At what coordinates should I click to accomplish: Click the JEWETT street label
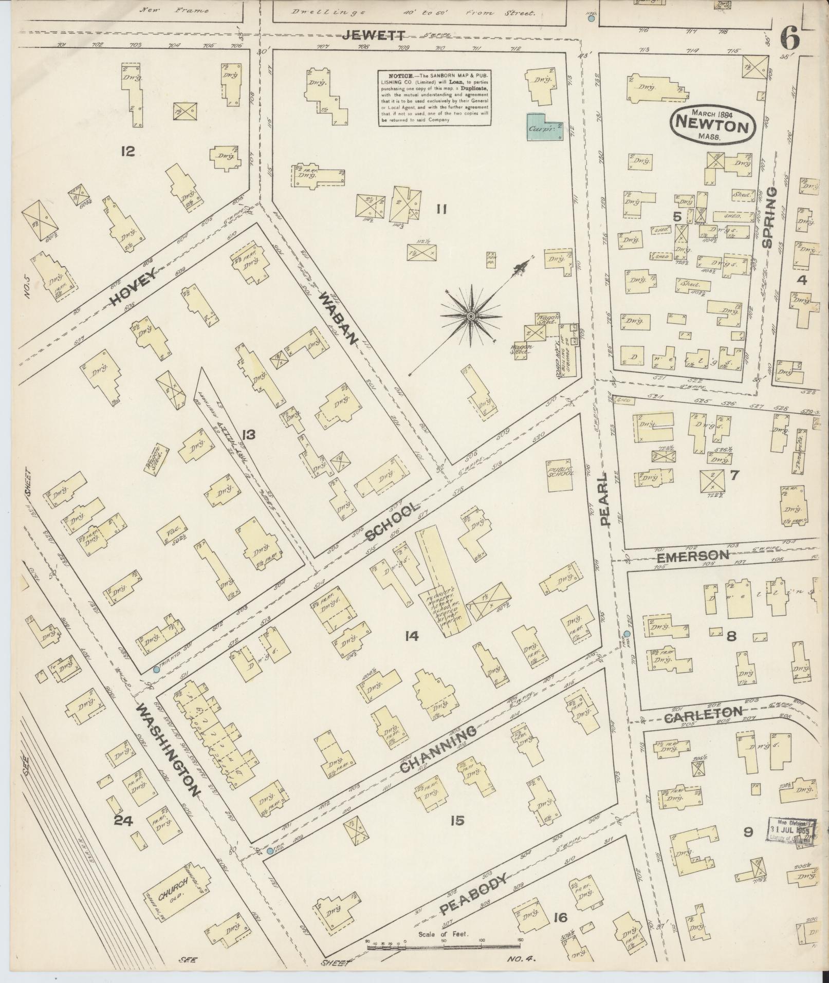click(374, 35)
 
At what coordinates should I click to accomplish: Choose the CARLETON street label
click(703, 715)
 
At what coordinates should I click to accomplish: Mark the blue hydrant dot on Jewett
click(591, 18)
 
